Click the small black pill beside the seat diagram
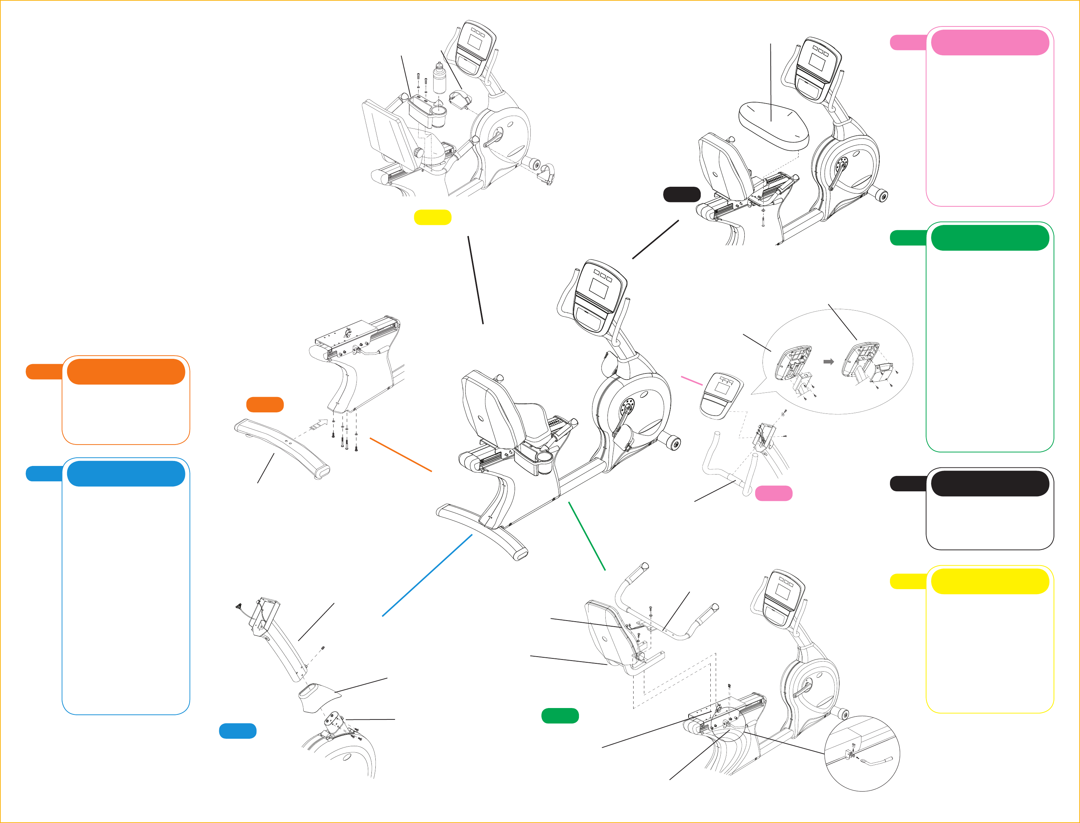coord(681,195)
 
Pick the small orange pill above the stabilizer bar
coord(265,404)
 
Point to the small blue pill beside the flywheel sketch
coord(237,731)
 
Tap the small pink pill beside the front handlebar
coord(773,493)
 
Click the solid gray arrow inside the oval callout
coord(828,362)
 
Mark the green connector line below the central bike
coord(587,536)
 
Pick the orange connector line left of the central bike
coord(400,455)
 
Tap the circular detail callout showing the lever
coord(862,753)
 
